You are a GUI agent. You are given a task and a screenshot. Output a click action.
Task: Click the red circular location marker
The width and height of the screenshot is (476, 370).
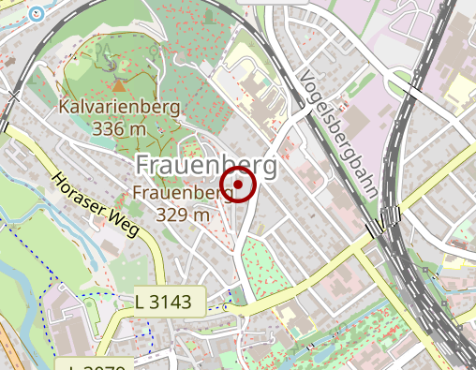pos(239,185)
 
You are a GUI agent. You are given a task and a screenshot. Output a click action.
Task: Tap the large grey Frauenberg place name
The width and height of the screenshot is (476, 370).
pos(206,165)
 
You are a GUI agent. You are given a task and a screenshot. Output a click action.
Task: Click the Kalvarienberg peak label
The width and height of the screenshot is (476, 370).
pos(119,107)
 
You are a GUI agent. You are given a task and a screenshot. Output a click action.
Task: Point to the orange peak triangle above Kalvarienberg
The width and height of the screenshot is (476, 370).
pos(118,85)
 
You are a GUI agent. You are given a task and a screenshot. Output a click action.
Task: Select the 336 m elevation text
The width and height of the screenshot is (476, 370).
pos(119,128)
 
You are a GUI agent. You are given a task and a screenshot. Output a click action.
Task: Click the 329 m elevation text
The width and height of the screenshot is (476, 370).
pos(184,215)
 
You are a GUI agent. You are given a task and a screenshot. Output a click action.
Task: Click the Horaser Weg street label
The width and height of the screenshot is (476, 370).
pos(95,204)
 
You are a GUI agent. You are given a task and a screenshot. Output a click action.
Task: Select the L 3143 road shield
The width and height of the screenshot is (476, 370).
pos(169,302)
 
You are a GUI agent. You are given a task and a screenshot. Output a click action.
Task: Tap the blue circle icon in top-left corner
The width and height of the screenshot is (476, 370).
pos(37,13)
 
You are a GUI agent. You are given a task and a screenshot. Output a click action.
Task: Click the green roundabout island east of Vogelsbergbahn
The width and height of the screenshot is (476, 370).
pos(414,91)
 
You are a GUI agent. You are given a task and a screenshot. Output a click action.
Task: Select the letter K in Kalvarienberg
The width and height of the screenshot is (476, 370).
pos(64,107)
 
